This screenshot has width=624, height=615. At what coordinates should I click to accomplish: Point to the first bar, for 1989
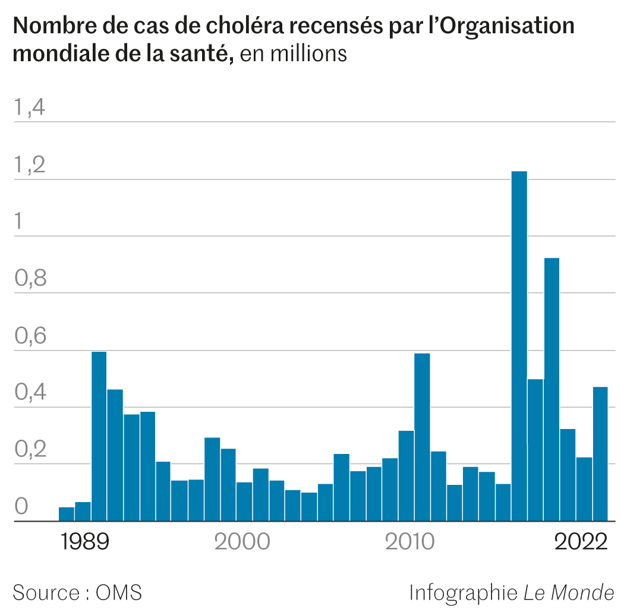[67, 514]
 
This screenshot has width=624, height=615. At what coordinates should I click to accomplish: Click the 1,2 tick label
[30, 165]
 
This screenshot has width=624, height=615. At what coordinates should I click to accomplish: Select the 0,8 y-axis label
[30, 279]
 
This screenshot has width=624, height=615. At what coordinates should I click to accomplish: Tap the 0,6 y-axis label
[30, 336]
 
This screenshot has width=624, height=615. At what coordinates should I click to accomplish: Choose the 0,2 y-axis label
[30, 450]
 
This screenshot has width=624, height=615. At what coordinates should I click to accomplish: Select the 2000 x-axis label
[242, 543]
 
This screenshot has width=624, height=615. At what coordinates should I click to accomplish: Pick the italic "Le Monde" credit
[569, 592]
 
